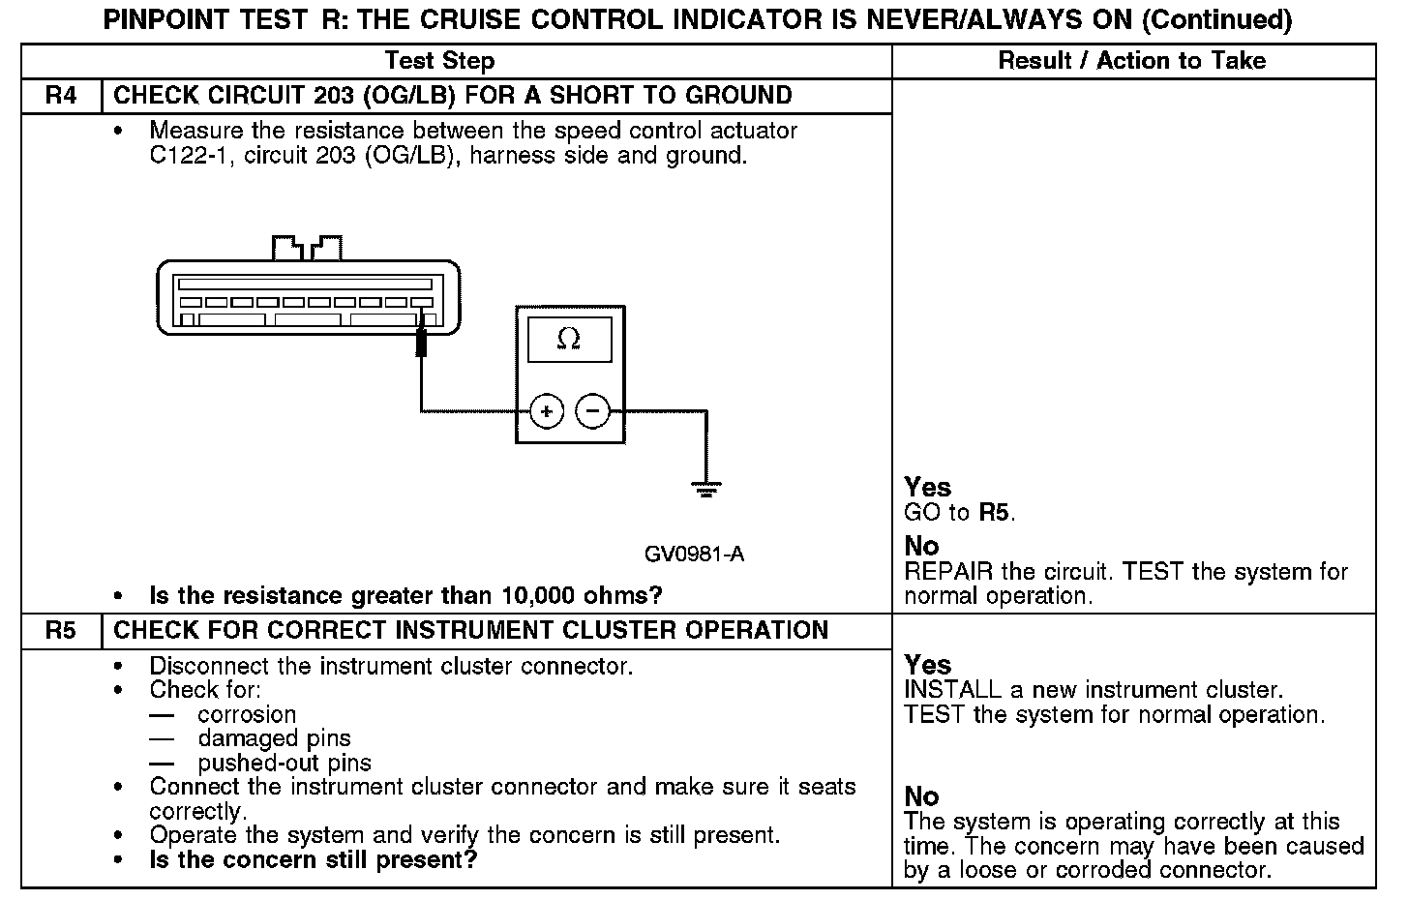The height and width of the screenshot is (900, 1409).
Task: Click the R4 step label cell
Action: pos(60,96)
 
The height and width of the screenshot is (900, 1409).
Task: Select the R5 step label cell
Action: pos(60,631)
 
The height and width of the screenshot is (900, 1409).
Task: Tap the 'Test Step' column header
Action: pos(439,61)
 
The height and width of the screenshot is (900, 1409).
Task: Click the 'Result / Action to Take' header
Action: pos(1131,61)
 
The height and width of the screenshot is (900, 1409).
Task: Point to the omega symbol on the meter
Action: pos(569,340)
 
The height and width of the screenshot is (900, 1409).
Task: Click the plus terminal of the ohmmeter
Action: pos(547,412)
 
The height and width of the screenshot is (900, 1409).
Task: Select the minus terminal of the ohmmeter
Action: pos(593,412)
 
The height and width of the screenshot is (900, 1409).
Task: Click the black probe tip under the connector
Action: pos(421,343)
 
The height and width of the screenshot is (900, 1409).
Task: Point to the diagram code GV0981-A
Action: pos(694,555)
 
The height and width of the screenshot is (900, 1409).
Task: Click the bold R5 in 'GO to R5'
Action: pos(995,513)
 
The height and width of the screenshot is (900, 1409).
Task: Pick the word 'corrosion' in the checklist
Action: pos(247,715)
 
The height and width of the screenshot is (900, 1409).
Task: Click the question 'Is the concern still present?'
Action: pos(313,859)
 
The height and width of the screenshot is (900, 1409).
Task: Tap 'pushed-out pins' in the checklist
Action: pos(285,763)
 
